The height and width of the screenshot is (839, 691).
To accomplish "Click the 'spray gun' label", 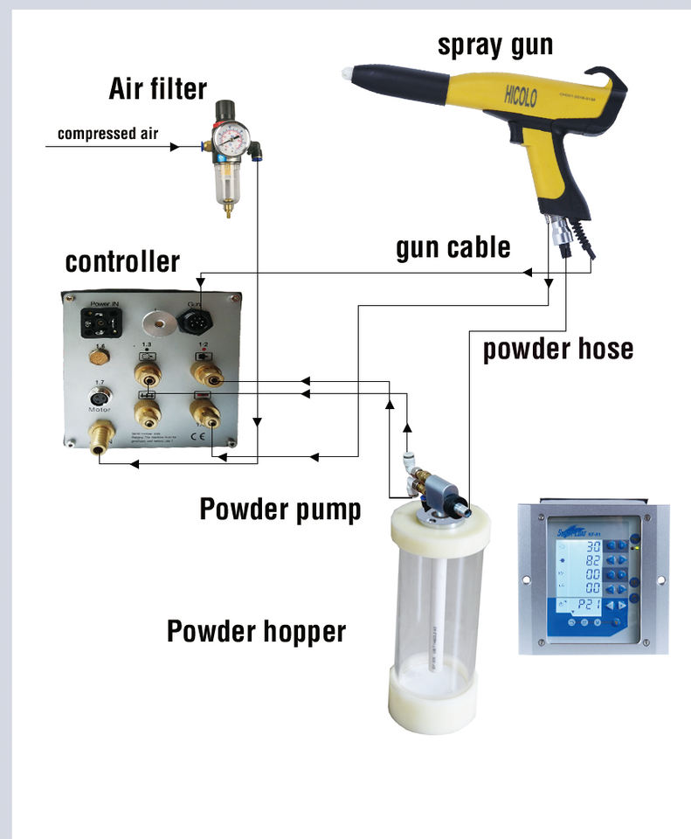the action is click(495, 45).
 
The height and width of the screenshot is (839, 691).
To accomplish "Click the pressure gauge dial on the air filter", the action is click(232, 139).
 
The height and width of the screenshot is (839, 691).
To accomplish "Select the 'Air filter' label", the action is click(157, 88).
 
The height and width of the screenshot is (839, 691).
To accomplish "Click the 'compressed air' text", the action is click(107, 134).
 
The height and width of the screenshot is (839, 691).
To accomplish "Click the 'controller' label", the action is click(122, 261).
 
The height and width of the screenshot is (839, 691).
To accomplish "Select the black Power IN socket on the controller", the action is click(98, 321).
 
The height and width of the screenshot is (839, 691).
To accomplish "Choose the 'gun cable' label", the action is click(453, 247).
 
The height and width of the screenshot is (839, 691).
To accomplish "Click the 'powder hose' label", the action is click(558, 349).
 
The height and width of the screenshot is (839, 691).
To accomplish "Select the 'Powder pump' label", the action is click(280, 509).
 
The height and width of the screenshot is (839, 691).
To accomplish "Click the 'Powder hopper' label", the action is click(256, 630).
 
